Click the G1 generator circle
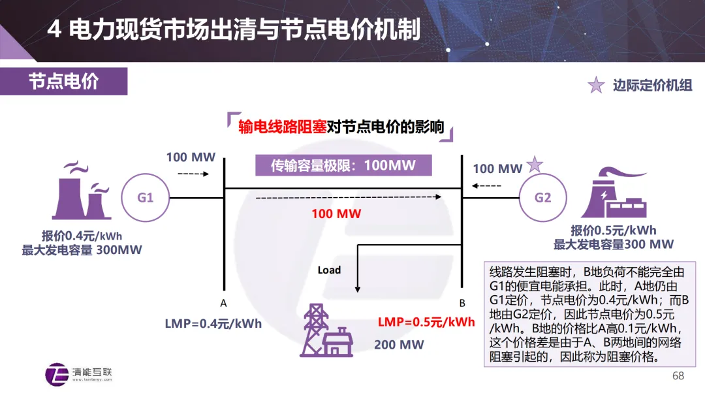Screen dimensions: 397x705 click(x=145, y=197)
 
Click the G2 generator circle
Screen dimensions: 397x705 click(x=543, y=197)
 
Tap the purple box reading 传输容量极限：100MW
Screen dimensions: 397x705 click(x=343, y=165)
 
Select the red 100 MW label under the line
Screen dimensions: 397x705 click(x=336, y=214)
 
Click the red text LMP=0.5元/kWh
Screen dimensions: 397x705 click(x=426, y=322)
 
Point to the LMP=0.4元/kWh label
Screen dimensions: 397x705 click(x=213, y=324)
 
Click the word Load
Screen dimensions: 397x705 click(x=329, y=270)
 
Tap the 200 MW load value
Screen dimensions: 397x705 click(x=399, y=344)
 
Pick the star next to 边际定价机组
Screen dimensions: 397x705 click(x=596, y=86)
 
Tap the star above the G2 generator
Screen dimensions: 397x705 click(x=535, y=165)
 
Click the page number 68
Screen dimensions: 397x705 click(x=678, y=376)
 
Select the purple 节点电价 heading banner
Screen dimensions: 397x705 click(x=63, y=82)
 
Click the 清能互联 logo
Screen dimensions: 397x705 click(x=79, y=372)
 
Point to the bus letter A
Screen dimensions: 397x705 click(x=223, y=303)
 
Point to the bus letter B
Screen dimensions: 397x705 click(x=462, y=303)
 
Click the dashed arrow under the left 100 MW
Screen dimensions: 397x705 click(x=193, y=174)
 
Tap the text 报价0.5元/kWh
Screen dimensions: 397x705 click(x=613, y=230)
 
